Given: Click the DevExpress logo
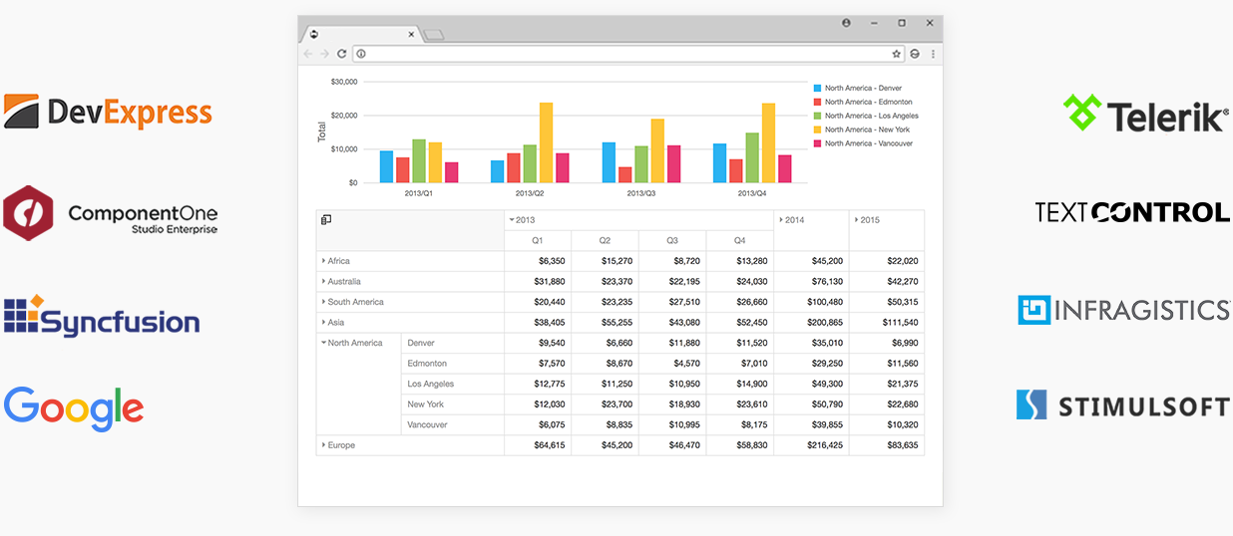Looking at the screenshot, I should click(108, 112).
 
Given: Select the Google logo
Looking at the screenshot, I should click(74, 408).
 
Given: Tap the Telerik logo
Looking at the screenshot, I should click(1145, 115).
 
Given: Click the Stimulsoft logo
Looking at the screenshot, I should click(1122, 405).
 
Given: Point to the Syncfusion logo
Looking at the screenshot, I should click(102, 316).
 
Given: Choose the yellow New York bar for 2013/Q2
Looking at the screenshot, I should click(546, 142).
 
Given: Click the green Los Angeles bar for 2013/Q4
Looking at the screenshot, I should click(751, 157).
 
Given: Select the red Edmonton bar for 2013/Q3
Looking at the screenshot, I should click(624, 174).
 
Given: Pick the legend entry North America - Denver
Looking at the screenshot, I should click(862, 88).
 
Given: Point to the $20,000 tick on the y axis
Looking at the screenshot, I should click(343, 116).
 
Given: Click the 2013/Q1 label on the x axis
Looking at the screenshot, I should click(419, 193).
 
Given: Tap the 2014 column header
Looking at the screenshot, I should click(794, 220).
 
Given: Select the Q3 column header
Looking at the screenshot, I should click(671, 240).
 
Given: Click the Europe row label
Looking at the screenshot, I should click(341, 445).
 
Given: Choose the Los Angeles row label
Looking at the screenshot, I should click(430, 384).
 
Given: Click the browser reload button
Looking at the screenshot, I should click(342, 54).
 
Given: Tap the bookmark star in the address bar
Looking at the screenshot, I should click(896, 54).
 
